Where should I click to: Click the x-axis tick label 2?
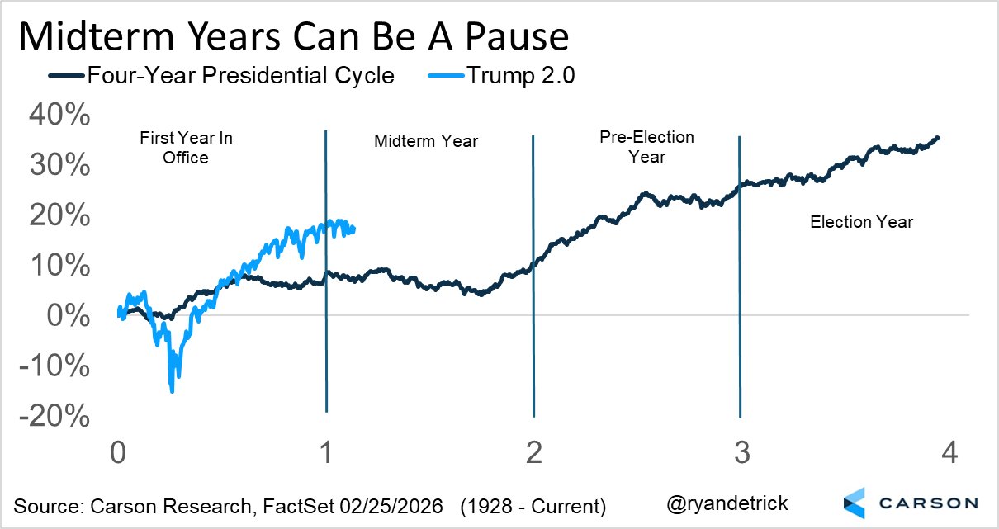point(534,452)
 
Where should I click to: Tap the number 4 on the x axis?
point(948,452)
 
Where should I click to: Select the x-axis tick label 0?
point(119,452)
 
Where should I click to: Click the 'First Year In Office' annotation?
point(186,148)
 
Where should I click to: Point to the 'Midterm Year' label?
point(426,141)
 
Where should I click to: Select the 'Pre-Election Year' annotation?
point(646,146)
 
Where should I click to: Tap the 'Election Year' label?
point(862,221)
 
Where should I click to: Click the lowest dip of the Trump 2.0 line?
point(172,390)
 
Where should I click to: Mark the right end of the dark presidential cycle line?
point(937,138)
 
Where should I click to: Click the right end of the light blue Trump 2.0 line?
point(354,229)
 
